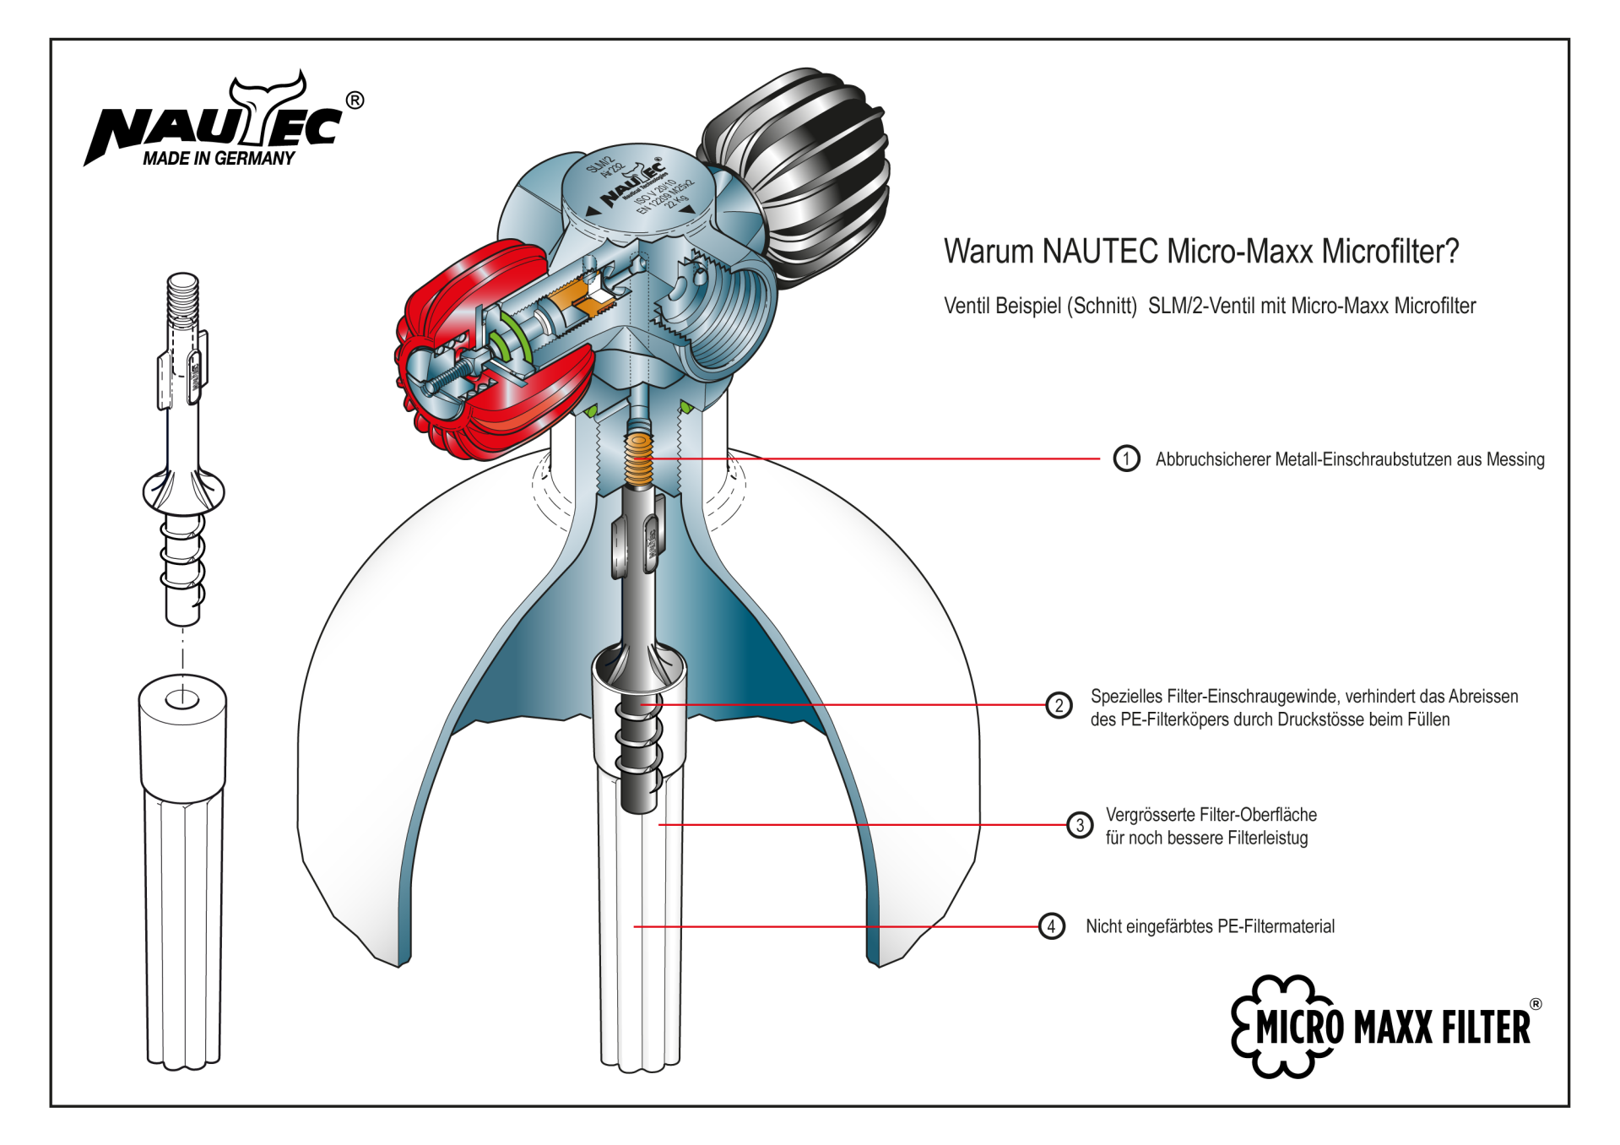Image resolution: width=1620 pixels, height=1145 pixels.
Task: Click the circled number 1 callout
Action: click(x=1126, y=459)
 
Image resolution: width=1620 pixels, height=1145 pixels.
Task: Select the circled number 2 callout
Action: click(x=1059, y=705)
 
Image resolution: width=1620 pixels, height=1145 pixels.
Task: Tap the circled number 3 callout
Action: click(x=1080, y=825)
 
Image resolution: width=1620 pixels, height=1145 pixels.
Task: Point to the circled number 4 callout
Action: click(x=1051, y=926)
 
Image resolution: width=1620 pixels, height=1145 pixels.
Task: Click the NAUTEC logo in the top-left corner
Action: click(x=215, y=122)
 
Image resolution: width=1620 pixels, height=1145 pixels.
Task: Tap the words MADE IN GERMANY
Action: click(x=219, y=159)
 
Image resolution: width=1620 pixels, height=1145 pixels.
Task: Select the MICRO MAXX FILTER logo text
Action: click(x=1393, y=1028)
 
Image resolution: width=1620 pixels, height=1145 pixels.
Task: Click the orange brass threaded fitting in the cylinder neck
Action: click(x=639, y=460)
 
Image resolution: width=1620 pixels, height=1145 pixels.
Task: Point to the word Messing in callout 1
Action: click(x=1515, y=459)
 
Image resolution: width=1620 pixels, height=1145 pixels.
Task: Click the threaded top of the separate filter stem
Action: click(x=183, y=300)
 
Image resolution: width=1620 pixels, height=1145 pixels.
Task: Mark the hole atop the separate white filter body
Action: click(x=182, y=699)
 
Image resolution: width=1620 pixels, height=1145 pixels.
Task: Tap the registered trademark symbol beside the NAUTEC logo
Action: click(x=355, y=100)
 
